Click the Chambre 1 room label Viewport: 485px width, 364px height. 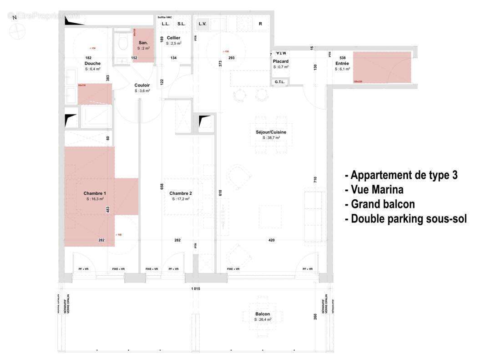(95, 193)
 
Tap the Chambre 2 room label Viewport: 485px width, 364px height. (181, 193)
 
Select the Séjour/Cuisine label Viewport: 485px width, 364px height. (271, 132)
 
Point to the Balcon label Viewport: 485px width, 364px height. (263, 314)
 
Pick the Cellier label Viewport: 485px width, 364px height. (173, 38)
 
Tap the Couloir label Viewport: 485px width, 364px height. (142, 85)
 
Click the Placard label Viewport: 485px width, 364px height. (281, 61)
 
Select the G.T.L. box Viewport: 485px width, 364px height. (280, 82)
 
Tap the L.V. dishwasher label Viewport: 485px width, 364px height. (202, 24)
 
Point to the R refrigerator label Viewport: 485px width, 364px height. (260, 24)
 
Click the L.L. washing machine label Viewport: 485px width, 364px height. (166, 24)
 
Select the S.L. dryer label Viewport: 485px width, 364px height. (181, 24)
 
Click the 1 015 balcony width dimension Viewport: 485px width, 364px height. (196, 289)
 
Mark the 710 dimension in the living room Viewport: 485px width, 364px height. (315, 179)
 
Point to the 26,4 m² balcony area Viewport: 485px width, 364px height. (263, 320)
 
